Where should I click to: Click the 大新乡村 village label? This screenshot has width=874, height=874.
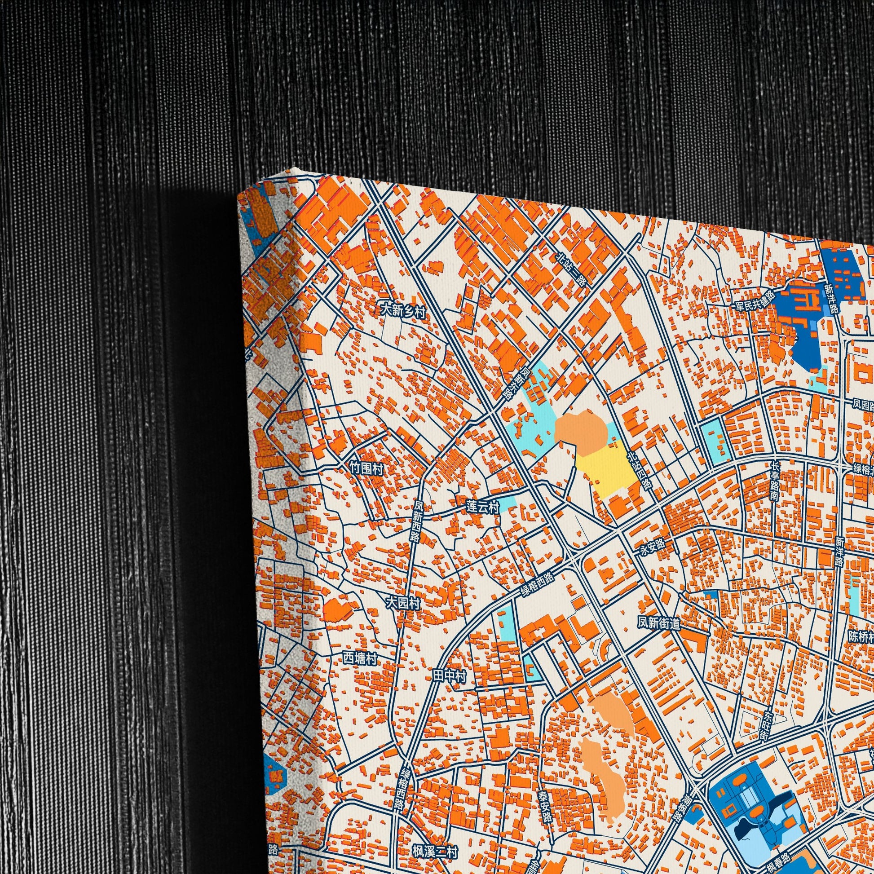pos(403,311)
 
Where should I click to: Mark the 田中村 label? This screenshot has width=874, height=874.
pos(449,676)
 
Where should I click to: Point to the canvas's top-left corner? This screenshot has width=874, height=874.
pos(238,200)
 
